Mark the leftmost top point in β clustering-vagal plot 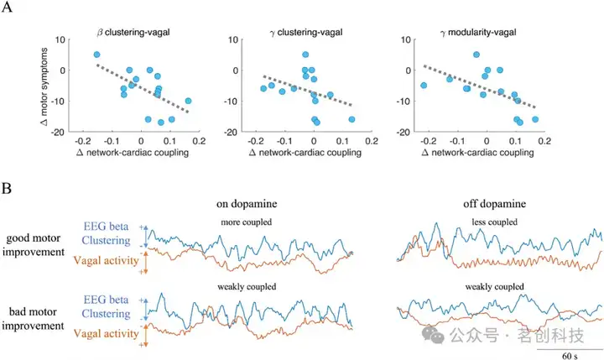point(96,55)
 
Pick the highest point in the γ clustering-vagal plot point(305,55)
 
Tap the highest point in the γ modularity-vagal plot point(476,55)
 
